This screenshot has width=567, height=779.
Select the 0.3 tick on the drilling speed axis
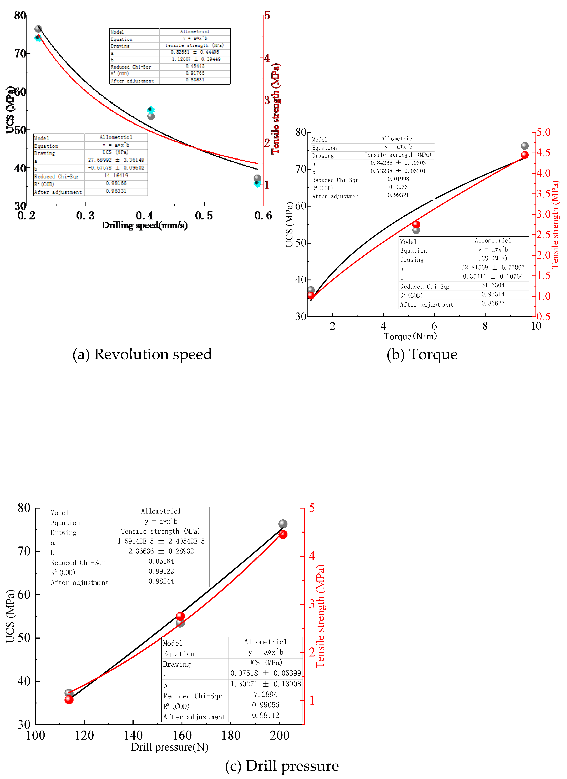pos(85,216)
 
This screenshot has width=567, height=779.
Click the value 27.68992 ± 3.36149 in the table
pos(116,160)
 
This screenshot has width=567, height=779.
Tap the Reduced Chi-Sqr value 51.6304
pos(493,285)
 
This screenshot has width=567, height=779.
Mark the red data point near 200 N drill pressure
pos(283,535)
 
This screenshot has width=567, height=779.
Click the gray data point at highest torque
pos(524,146)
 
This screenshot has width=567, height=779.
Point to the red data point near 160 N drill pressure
pos(180,616)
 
